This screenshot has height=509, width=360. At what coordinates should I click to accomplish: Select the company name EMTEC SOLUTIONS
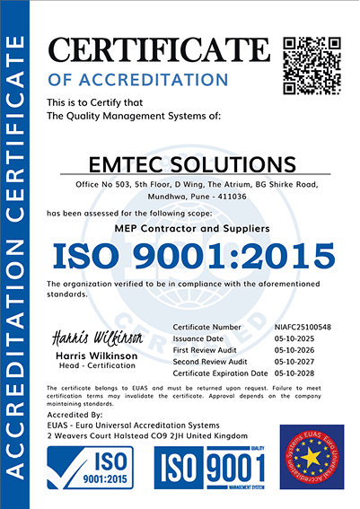click(193, 164)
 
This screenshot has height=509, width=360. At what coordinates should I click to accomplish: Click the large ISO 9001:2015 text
click(193, 257)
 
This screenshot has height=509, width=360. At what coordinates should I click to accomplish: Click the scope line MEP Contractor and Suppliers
click(193, 229)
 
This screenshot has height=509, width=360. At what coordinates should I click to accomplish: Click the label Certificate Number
click(208, 326)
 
